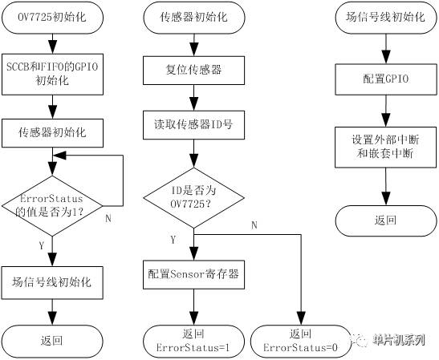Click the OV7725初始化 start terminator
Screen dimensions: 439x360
(x=52, y=18)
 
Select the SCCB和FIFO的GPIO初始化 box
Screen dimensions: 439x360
(x=52, y=75)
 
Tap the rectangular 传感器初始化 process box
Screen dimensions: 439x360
(x=52, y=133)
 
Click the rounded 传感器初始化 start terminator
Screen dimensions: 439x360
(x=193, y=18)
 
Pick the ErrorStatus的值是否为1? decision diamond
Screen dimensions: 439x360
(x=52, y=206)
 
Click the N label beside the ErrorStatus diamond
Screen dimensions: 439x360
(x=108, y=218)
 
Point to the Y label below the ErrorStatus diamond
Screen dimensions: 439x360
(x=42, y=246)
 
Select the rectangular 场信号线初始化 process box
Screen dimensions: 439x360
(x=52, y=283)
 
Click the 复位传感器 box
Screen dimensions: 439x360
(x=193, y=71)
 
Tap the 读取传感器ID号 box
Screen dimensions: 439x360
(x=193, y=125)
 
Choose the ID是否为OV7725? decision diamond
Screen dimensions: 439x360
(x=193, y=198)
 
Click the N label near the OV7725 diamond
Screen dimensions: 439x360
(x=254, y=225)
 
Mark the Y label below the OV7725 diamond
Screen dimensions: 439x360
(x=173, y=240)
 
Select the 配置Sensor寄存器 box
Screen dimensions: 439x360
(x=193, y=275)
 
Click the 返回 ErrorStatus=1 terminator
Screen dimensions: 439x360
(x=193, y=342)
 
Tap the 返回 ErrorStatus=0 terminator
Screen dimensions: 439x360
(x=301, y=342)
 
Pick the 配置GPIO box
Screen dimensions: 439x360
(x=386, y=79)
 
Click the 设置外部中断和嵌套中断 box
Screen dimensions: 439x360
(x=386, y=148)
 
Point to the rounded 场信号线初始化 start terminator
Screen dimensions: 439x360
(x=386, y=18)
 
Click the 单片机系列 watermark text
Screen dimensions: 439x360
(x=399, y=340)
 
